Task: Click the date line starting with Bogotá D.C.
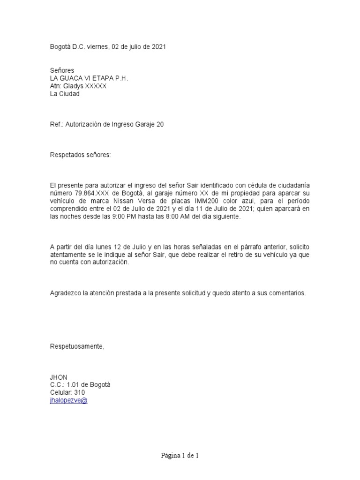[x=107, y=47]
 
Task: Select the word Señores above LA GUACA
[x=62, y=70]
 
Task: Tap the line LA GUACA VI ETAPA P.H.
[x=89, y=78]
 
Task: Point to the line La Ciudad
[x=65, y=94]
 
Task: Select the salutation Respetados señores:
[x=81, y=155]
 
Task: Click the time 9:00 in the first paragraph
[x=134, y=217]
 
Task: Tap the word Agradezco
[x=66, y=293]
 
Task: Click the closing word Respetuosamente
[x=77, y=346]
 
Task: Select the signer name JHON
[x=59, y=377]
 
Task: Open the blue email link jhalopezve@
[x=68, y=400]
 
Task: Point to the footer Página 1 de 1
[x=180, y=456]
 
